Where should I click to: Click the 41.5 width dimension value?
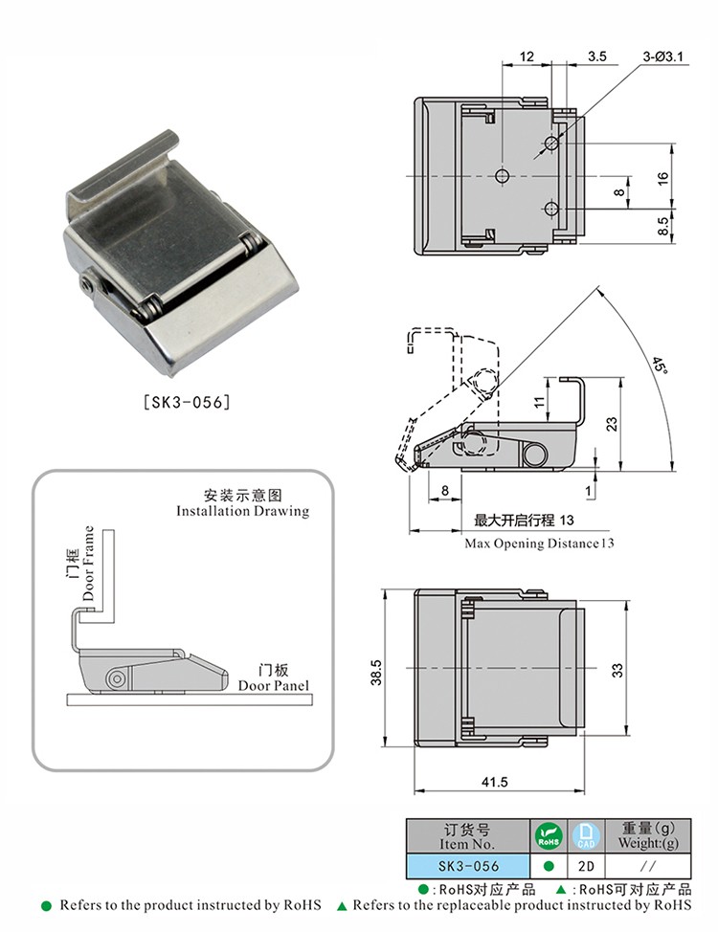pos(495,782)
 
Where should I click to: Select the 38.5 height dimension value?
pos(377,671)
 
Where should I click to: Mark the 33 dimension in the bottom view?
pos(617,671)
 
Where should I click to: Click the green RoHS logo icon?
pos(548,835)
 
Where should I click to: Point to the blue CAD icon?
pos(585,835)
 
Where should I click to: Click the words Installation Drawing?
pos(242,511)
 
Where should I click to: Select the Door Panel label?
pos(274,685)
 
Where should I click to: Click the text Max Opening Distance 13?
pos(539,544)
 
